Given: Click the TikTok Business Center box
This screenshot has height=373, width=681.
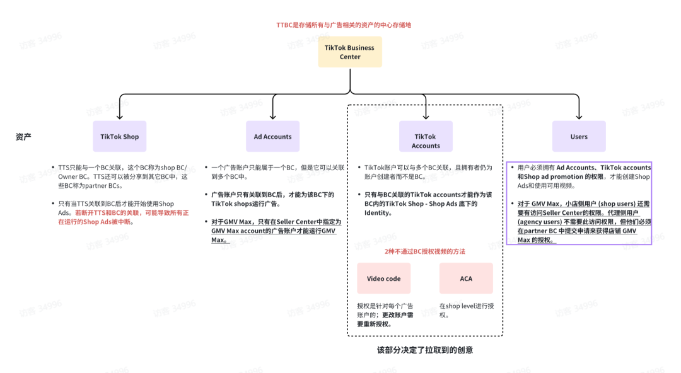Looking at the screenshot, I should pos(350,52).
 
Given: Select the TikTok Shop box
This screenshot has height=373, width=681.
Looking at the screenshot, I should pos(119,136).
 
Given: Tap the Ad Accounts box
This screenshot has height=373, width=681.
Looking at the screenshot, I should pos(272,136).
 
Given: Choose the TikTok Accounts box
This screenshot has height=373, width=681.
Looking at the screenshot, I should pos(426,141).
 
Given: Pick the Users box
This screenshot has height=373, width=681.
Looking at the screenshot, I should pos(579,136).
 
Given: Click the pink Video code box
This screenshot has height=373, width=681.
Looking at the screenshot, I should pos(383,278).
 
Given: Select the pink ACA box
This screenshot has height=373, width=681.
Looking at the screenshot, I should pos(466,278).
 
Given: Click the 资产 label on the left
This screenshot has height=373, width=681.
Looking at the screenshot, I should pos(23,136).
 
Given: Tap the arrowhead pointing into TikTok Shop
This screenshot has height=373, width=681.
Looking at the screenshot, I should pos(119,117).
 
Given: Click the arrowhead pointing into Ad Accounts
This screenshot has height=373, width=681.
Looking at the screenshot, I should pos(272,117).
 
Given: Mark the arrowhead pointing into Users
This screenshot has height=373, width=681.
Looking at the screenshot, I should pos(579,117).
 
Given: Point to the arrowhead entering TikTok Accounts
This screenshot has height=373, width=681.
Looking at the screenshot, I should pos(426,117).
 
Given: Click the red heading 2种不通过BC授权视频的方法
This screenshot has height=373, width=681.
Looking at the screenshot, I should pos(425,251).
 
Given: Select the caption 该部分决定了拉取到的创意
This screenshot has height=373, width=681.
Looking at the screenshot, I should pos(425,350).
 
